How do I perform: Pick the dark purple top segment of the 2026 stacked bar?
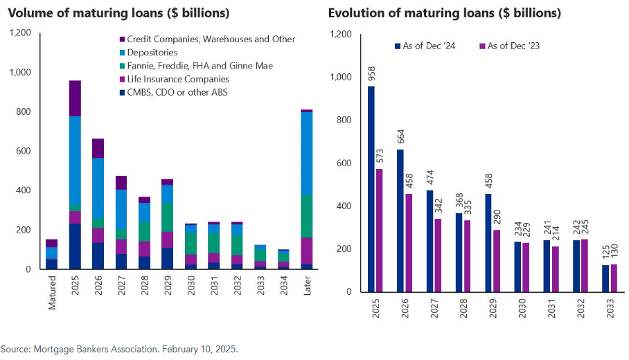(98, 148)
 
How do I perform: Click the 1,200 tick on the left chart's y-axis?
(20, 33)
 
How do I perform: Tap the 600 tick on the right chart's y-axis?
(343, 163)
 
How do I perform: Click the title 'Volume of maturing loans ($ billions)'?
(119, 14)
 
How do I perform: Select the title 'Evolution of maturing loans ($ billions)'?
(444, 14)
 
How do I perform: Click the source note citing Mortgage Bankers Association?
(119, 349)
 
